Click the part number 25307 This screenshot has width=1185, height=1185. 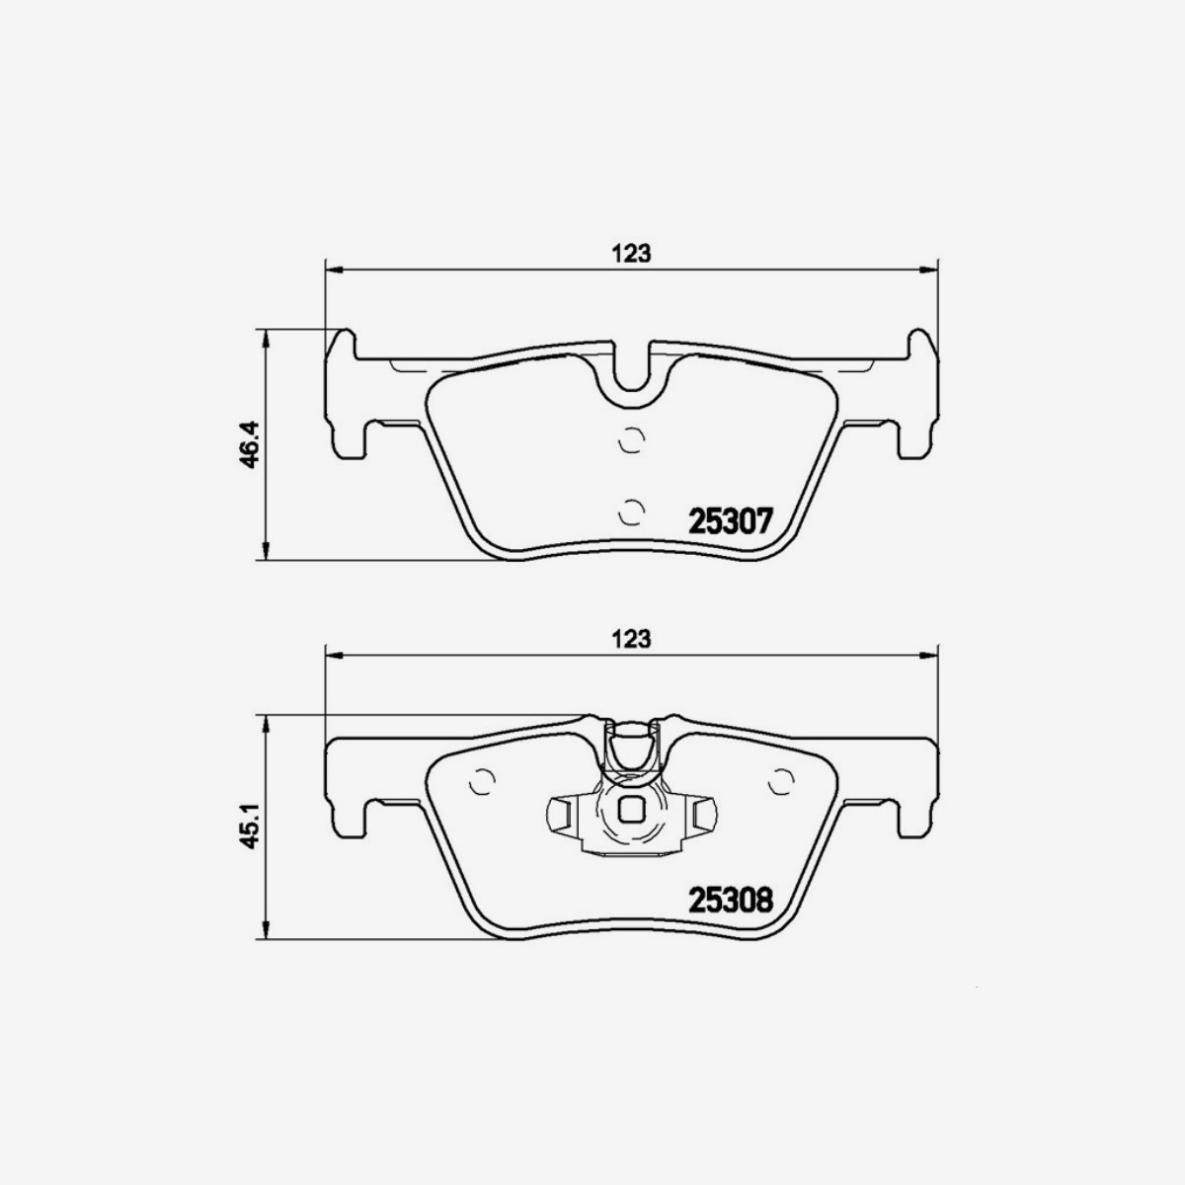click(728, 520)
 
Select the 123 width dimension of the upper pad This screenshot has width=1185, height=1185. click(631, 253)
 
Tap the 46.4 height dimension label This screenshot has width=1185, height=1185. click(248, 444)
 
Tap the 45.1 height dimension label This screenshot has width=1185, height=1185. click(248, 827)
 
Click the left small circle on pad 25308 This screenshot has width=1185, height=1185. click(483, 781)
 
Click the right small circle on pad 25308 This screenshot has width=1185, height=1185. click(780, 781)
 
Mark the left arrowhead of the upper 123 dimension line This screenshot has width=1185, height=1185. click(332, 268)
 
